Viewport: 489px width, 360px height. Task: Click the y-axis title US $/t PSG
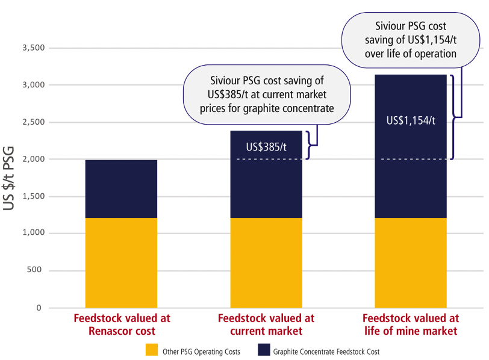tap(11, 177)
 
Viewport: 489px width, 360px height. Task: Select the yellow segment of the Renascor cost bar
tap(121, 262)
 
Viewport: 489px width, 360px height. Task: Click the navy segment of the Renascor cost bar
tap(121, 189)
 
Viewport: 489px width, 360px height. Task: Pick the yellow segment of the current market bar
tap(266, 262)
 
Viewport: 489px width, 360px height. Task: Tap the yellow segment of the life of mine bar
tap(411, 262)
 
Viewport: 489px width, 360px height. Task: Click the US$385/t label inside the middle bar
tap(266, 146)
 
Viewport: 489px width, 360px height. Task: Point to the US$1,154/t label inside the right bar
tap(411, 120)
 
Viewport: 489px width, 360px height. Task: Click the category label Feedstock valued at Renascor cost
tap(122, 324)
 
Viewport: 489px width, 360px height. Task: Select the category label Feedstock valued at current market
tap(266, 324)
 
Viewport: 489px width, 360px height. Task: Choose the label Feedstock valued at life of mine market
tap(411, 324)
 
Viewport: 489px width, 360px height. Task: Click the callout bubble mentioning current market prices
tap(267, 95)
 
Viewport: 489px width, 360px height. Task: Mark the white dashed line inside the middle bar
tap(266, 159)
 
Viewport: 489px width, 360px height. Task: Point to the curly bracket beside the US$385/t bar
tap(311, 145)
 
